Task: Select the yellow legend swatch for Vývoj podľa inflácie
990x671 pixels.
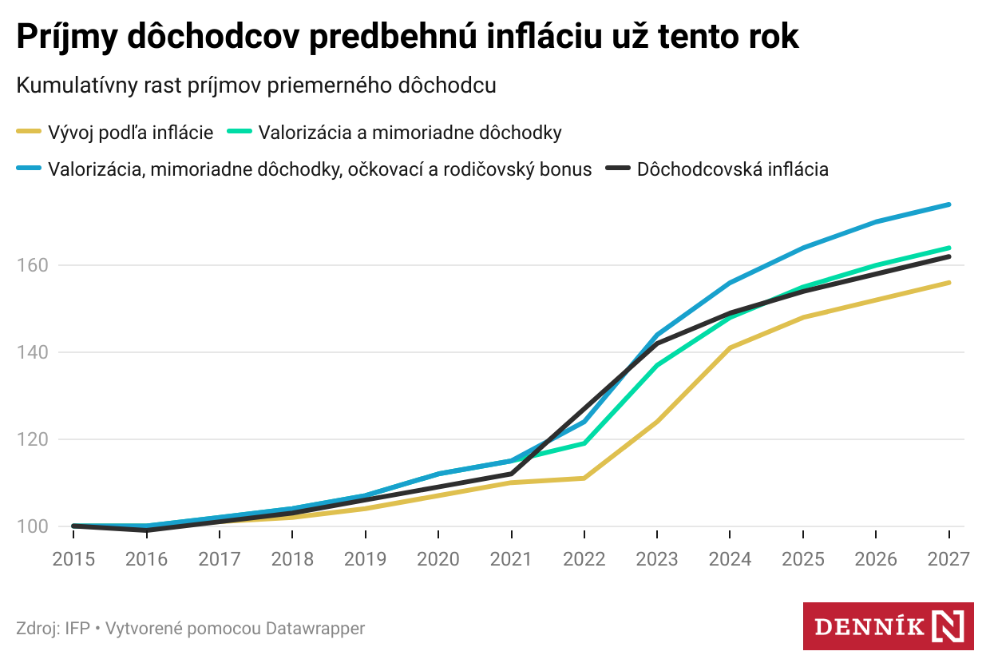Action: pos(30,133)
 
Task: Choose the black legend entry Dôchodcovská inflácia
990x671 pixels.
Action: pos(732,169)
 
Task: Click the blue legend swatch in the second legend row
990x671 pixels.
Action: pos(30,169)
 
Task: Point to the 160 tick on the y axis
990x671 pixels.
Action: pos(33,265)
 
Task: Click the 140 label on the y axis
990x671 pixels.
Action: pos(33,352)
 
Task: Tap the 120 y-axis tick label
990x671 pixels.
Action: pos(33,439)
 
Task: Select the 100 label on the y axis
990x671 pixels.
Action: pos(33,526)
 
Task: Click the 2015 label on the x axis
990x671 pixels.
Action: pos(73,558)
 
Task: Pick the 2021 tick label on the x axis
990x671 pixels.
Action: pos(512,558)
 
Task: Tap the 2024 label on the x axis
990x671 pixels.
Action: pos(731,558)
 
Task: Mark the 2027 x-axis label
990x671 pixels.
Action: pos(948,558)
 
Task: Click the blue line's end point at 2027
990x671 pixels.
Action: pos(949,204)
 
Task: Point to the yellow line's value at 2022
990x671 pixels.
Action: pos(584,478)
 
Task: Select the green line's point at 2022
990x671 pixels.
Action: pos(584,443)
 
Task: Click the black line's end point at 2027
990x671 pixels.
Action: pos(949,256)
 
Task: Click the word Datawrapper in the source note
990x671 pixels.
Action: pos(315,629)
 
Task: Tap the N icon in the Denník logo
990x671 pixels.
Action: pos(948,626)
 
